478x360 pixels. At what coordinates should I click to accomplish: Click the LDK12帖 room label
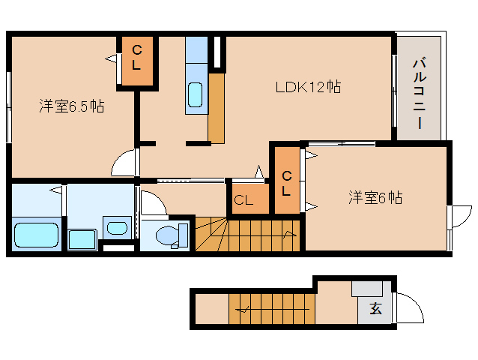[308, 87]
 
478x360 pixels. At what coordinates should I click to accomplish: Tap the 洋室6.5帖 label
[72, 106]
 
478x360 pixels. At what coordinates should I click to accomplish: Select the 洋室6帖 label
[375, 197]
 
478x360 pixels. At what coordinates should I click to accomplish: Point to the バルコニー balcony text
[420, 92]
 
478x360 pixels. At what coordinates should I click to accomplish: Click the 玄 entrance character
[375, 309]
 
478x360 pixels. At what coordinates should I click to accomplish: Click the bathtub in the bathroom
[36, 235]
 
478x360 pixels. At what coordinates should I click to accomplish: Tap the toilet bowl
[172, 235]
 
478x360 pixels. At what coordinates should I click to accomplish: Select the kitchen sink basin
[195, 94]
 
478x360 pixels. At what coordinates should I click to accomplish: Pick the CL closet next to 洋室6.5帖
[137, 61]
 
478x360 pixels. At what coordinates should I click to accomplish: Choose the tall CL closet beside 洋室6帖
[287, 180]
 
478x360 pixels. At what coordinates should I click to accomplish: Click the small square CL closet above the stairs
[250, 198]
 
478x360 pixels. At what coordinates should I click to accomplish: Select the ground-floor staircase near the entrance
[272, 309]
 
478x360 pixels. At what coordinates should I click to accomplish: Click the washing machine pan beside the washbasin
[82, 239]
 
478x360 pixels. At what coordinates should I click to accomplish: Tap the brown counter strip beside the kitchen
[217, 108]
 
